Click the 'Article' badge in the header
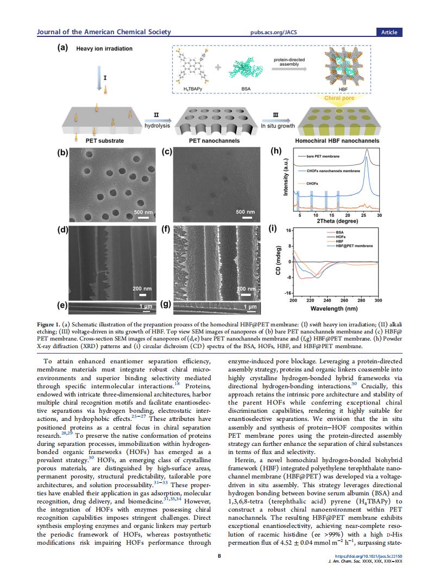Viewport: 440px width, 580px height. click(x=389, y=32)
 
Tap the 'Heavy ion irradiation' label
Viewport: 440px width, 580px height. click(x=104, y=49)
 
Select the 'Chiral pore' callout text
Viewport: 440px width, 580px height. click(x=339, y=98)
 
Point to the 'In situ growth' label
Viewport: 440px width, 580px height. click(x=278, y=125)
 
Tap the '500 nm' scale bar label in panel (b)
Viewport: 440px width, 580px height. click(x=143, y=211)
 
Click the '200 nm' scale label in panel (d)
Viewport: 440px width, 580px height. click(x=143, y=288)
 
